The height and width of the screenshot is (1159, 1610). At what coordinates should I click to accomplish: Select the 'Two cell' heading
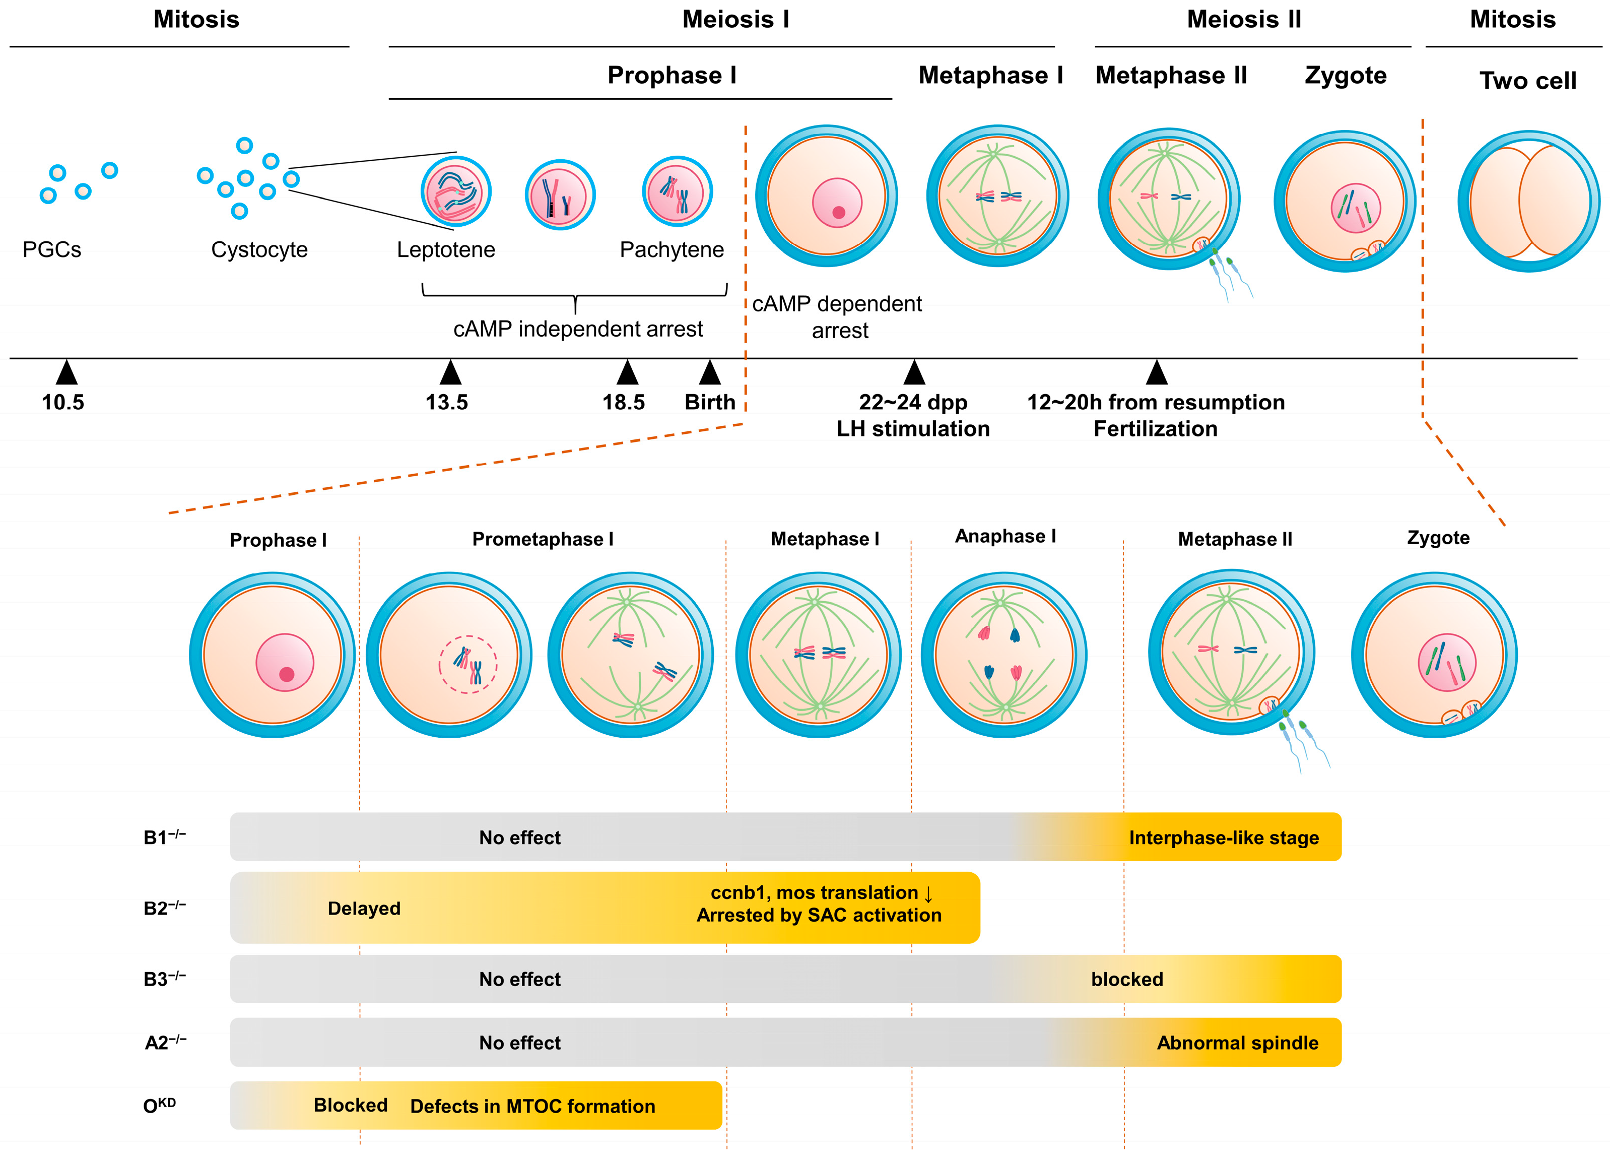click(x=1528, y=80)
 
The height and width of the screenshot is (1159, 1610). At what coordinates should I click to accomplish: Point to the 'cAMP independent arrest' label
click(x=578, y=329)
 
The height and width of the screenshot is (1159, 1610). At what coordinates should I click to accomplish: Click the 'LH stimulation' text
click(x=913, y=429)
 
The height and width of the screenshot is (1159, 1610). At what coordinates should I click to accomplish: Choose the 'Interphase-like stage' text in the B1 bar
click(x=1223, y=838)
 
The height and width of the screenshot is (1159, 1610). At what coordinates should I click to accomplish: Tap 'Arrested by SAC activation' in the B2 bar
click(x=819, y=916)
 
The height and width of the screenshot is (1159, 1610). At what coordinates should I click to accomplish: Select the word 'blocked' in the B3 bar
click(x=1126, y=979)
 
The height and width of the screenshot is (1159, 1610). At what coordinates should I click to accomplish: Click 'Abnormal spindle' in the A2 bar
click(x=1237, y=1043)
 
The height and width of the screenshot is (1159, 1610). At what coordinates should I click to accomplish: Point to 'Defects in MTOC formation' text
click(x=532, y=1107)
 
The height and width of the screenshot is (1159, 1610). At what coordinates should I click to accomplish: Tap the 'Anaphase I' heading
click(x=1005, y=536)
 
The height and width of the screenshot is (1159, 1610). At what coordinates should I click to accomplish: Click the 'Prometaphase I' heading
click(x=543, y=539)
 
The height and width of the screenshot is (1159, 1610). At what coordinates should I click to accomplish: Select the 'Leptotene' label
click(x=446, y=250)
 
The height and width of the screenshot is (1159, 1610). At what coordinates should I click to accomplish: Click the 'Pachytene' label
click(x=672, y=250)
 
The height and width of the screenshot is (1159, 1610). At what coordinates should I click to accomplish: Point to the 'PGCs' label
click(x=52, y=250)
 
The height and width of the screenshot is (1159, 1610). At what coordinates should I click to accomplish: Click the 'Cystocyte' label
click(x=259, y=250)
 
